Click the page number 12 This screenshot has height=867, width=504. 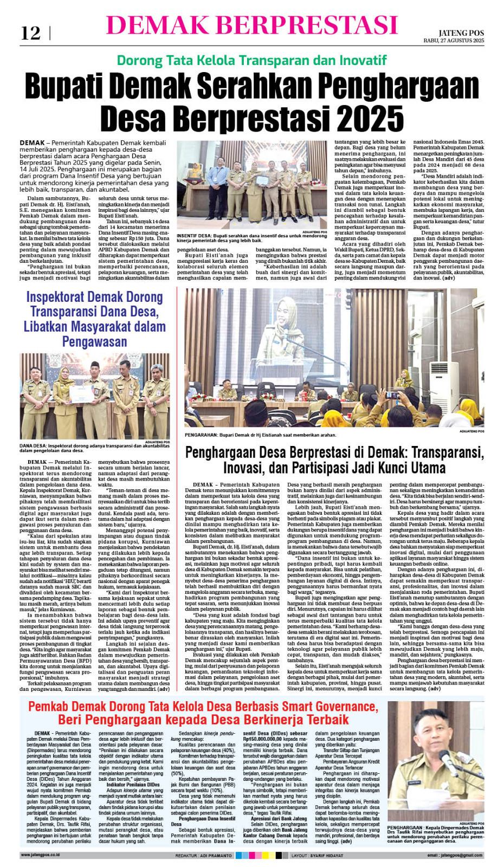pos(30,34)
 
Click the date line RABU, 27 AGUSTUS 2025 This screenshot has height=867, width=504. pos(454,41)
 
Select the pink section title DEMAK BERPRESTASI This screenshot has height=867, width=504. pos(252,25)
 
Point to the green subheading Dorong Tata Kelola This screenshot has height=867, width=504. pos(251,60)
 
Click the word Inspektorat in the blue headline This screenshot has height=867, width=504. pos(58,297)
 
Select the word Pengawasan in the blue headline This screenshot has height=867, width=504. pos(94,342)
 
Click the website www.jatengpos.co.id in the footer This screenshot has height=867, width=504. pos(40,855)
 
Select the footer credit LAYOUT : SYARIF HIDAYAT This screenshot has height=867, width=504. pos(317,856)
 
